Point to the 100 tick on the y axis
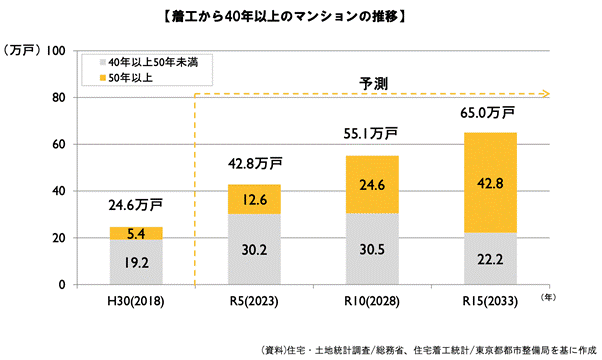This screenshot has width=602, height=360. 56,51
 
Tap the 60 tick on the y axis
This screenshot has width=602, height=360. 59,144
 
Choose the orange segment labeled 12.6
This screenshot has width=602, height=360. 255,199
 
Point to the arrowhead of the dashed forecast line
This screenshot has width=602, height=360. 545,96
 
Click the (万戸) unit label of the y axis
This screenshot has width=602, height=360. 21,51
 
